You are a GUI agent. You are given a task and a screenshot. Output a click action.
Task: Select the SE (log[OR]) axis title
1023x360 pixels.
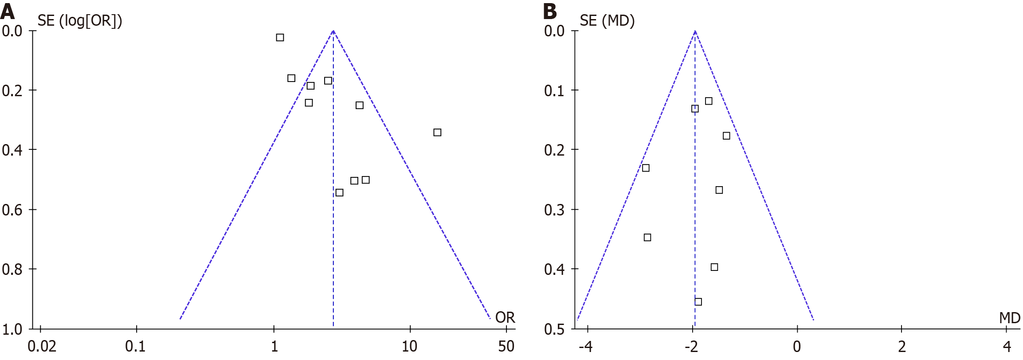tap(79, 21)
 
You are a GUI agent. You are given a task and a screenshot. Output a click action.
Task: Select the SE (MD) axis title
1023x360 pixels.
tap(607, 21)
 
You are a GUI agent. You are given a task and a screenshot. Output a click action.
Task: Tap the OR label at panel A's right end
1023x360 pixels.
tap(505, 317)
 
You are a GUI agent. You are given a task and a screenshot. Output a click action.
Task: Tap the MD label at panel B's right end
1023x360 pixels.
tap(1010, 318)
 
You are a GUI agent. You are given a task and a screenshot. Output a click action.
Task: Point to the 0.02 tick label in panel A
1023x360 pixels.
tap(42, 346)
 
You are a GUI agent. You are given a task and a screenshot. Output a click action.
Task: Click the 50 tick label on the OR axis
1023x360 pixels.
tap(506, 346)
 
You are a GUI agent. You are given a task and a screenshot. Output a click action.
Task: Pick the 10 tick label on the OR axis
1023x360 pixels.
tap(409, 346)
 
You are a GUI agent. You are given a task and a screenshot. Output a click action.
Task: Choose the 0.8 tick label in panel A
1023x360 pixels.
tap(12, 269)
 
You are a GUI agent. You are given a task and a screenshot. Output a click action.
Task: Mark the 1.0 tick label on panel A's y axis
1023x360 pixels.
tap(12, 329)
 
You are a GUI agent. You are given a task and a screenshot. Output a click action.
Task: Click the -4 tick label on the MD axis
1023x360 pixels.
tap(586, 346)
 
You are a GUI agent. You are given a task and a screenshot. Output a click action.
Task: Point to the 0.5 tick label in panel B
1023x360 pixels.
tap(554, 329)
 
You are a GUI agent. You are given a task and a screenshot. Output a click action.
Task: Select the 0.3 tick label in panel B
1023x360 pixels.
tap(554, 210)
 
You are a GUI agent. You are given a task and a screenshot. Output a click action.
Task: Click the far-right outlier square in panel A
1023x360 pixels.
tap(437, 133)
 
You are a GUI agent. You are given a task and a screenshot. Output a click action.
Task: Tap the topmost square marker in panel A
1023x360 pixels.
tap(280, 38)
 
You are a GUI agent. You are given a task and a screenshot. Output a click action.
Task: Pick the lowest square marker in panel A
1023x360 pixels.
tap(339, 192)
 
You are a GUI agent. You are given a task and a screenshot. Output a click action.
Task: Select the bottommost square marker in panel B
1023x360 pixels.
tap(698, 302)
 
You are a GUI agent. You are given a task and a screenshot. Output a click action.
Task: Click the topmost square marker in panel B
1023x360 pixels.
tap(709, 101)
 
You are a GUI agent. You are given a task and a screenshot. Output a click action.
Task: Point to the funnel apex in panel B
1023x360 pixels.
tap(695, 31)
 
